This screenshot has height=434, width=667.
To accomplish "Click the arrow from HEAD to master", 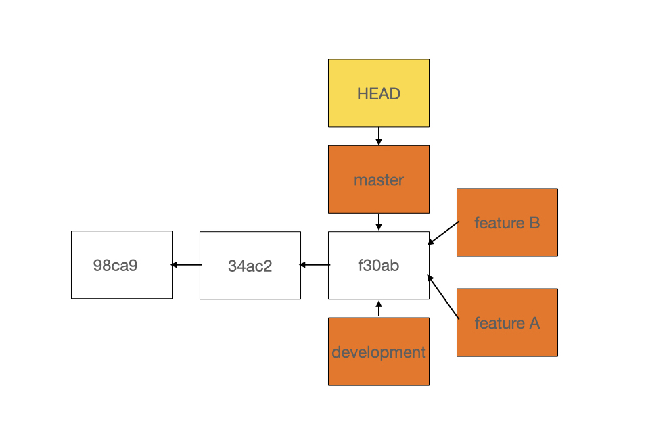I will [379, 136].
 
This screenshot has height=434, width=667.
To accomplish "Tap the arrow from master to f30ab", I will [379, 222].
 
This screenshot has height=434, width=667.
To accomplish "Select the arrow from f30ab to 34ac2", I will [315, 265].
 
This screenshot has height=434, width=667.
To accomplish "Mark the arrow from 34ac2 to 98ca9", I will [186, 265].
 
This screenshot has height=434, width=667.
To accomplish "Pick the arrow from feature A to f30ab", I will [443, 297].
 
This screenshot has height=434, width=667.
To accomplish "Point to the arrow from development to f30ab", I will [379, 309].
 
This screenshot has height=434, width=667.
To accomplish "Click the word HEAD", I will [378, 94].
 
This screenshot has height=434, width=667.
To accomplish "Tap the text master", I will [378, 180].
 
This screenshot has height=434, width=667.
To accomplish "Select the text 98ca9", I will [115, 266].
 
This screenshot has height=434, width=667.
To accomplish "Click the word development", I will [378, 353].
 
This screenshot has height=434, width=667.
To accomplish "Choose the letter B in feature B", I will [534, 223].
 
